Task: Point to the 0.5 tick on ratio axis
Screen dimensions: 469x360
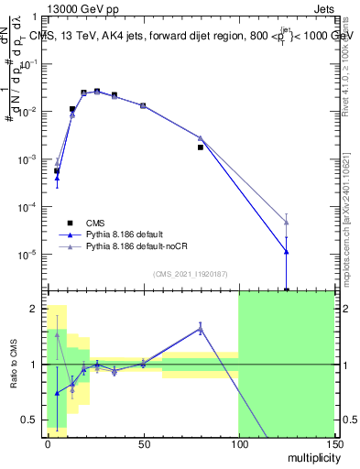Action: [x=30, y=422]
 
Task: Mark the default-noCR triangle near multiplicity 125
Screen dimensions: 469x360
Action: [x=286, y=222]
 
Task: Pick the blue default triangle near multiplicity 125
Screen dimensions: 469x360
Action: [x=286, y=251]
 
